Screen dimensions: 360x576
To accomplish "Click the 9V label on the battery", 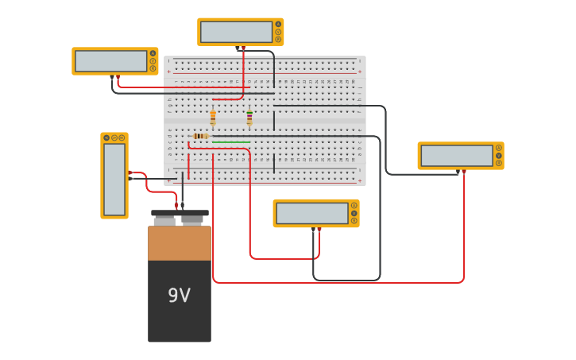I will coord(179,296).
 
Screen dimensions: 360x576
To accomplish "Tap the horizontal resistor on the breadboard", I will coord(201,136).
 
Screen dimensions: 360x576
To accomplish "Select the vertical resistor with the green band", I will coord(249,118).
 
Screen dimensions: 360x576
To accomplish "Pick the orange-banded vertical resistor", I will coord(213,118).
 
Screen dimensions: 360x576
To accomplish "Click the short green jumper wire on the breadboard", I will coord(231,142).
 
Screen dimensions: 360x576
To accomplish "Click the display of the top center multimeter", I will coord(236,32).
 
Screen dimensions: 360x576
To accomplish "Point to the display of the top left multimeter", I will coord(110,61).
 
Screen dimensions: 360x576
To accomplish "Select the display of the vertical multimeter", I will coord(114,180).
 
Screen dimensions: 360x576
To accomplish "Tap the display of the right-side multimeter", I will coord(456,156).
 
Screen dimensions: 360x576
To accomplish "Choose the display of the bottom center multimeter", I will coord(311,213).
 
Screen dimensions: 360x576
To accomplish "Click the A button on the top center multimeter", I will coord(278,24).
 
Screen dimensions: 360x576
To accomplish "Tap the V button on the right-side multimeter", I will coord(499,156).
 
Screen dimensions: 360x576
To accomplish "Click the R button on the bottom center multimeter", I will coord(354,221).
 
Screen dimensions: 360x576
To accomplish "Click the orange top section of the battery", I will coord(180,243).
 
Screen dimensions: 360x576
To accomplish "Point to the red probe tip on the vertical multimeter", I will coord(130,172).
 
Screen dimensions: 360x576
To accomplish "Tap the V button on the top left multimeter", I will coord(153,61).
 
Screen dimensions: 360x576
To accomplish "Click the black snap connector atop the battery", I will coord(180,213).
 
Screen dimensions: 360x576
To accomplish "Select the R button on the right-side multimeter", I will coord(499,163).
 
